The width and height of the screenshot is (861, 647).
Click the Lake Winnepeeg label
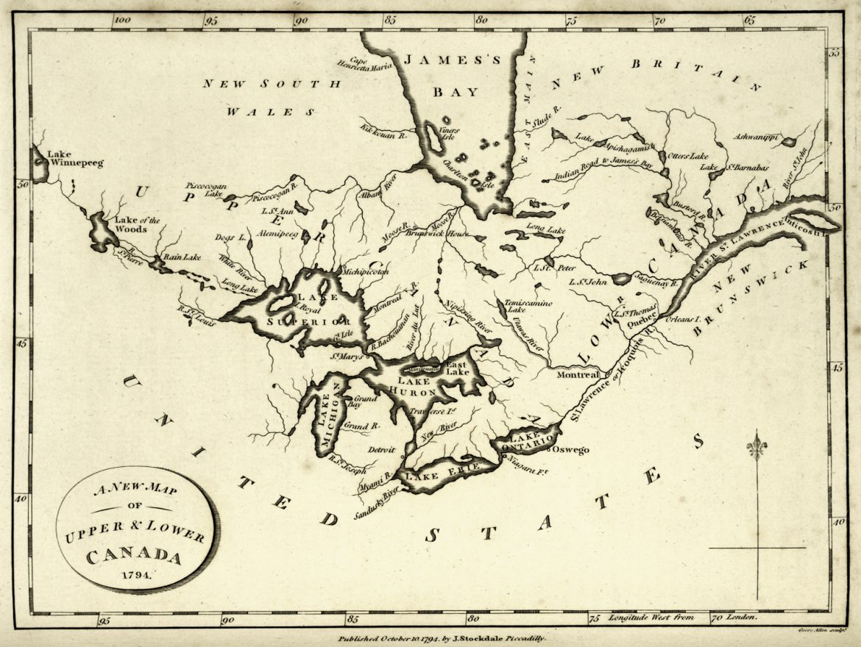[x=75, y=158]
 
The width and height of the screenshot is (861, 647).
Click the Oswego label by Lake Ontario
[x=570, y=449]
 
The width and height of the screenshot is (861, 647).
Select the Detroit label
[x=381, y=449]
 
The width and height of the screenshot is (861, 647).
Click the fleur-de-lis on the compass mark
[x=756, y=446]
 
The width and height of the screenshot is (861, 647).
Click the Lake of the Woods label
[x=130, y=224]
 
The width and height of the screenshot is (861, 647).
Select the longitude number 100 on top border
[x=121, y=22]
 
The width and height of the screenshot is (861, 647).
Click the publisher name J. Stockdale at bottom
[x=481, y=640]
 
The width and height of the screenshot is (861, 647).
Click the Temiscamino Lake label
[x=518, y=306]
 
